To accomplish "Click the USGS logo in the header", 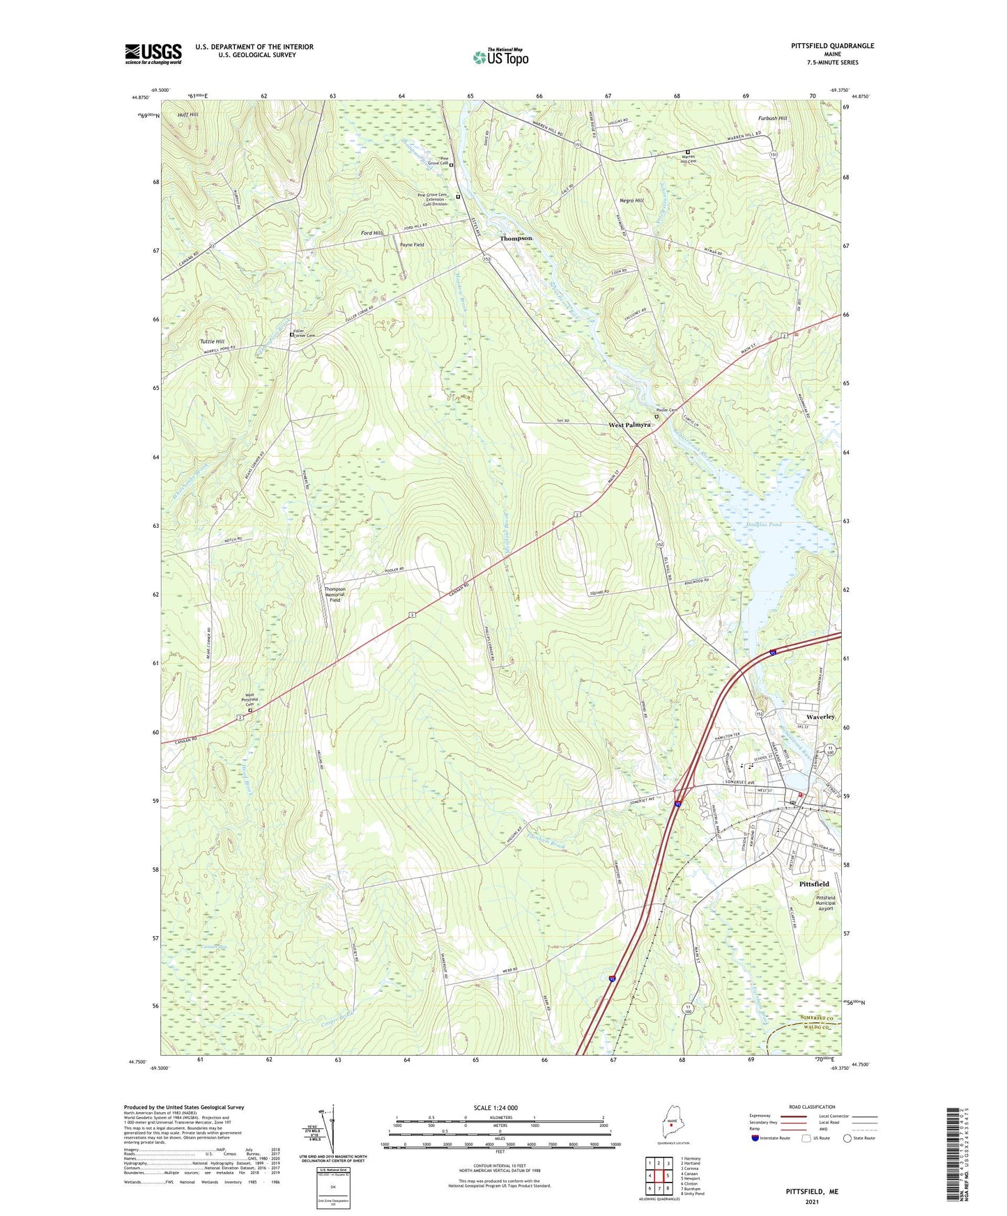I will tap(153, 54).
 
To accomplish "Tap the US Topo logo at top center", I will tap(500, 57).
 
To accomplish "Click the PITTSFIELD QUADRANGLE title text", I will tap(832, 46).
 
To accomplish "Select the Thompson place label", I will tap(516, 238).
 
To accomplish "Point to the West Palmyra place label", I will tap(629, 424).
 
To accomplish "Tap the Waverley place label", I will tap(820, 717).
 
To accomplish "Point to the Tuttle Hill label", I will tap(212, 341).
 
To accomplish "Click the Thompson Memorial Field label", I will tap(335, 594).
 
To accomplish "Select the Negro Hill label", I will tap(631, 201).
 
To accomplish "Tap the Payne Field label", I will tap(411, 245).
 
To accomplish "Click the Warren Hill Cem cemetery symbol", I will tap(688, 151).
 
